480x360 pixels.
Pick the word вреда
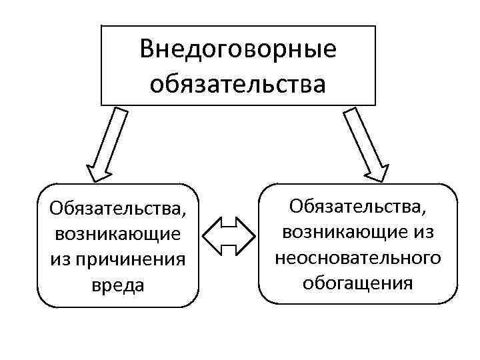point(117,285)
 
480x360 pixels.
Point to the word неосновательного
point(357,257)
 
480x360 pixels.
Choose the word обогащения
point(357,283)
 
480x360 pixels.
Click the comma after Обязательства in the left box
point(183,214)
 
